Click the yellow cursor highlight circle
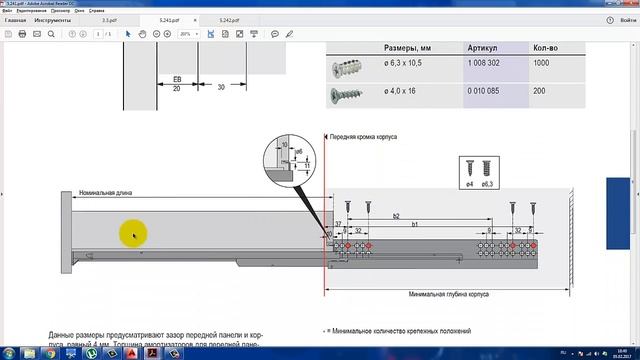coord(133,235)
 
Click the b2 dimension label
coord(397,216)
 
